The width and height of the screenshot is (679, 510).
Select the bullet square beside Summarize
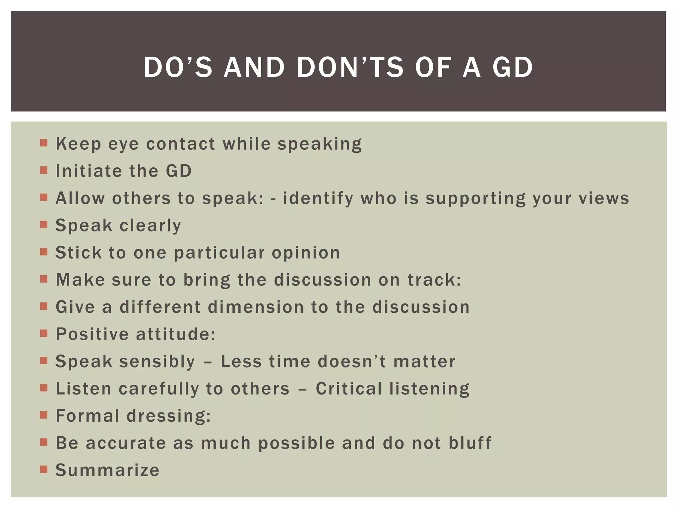pyautogui.click(x=44, y=469)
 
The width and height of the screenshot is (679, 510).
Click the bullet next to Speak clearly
pyautogui.click(x=44, y=224)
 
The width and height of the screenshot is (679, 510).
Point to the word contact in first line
pyautogui.click(x=181, y=144)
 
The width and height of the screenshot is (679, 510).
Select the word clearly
pyautogui.click(x=150, y=226)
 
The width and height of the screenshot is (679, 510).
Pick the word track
pyautogui.click(x=434, y=280)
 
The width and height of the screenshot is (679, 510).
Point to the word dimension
pyautogui.click(x=256, y=307)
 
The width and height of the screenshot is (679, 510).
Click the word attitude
pyautogui.click(x=175, y=334)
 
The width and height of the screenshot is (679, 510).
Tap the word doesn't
pyautogui.click(x=351, y=361)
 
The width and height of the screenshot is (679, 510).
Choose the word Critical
pyautogui.click(x=349, y=388)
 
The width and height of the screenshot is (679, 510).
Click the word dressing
pyautogui.click(x=168, y=416)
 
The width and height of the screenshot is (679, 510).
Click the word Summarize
pyautogui.click(x=107, y=470)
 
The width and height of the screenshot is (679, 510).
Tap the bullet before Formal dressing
pyautogui.click(x=44, y=415)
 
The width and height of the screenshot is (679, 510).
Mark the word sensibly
pyautogui.click(x=157, y=362)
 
